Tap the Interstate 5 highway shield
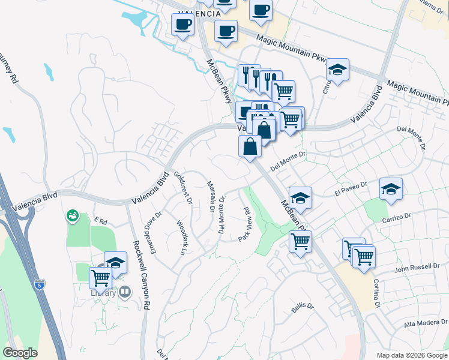pyautogui.click(x=40, y=284)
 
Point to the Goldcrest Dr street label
pyautogui.click(x=182, y=188)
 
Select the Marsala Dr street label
pyautogui.click(x=211, y=196)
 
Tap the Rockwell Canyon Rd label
pyautogui.click(x=139, y=275)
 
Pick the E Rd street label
pyautogui.click(x=100, y=221)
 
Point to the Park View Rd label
pyautogui.click(x=245, y=224)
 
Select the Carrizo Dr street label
pyautogui.click(x=396, y=218)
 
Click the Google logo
pyautogui.click(x=20, y=353)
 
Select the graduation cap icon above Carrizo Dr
pyautogui.click(x=391, y=189)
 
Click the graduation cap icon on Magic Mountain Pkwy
pyautogui.click(x=337, y=70)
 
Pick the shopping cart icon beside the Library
pyautogui.click(x=100, y=278)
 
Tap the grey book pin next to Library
pyautogui.click(x=125, y=292)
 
